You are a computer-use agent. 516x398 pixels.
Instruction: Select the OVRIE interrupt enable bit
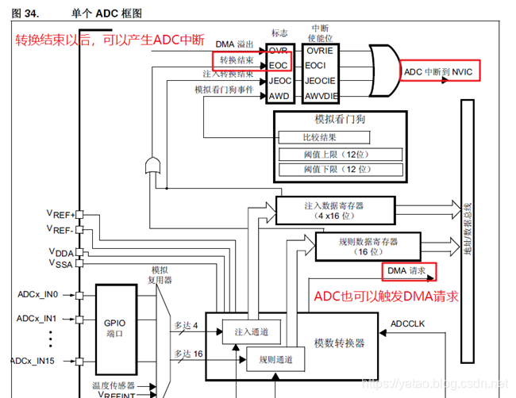[320, 50]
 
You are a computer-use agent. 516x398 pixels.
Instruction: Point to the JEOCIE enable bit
[321, 80]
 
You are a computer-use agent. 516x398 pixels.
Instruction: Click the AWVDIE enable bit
[321, 96]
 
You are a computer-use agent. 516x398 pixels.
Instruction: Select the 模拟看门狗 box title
[339, 119]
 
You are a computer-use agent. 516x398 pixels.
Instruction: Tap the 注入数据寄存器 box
[333, 210]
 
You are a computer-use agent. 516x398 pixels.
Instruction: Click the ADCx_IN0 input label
[37, 294]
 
